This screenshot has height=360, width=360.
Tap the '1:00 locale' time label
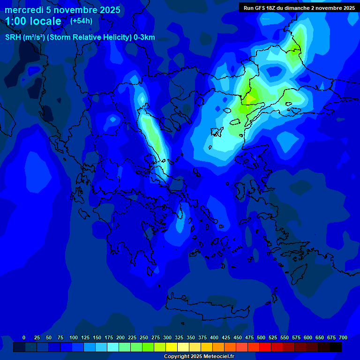coord(33,21)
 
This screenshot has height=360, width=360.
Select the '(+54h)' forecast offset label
coord(81,21)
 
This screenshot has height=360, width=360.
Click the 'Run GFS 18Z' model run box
coord(299,7)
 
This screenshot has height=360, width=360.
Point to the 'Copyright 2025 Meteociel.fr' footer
coord(199,356)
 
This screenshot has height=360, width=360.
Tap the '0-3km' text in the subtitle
coord(144,37)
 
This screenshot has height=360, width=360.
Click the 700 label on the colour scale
coord(343,337)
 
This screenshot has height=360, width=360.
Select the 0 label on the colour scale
coord(24,337)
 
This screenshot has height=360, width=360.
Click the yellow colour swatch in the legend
coord(172,347)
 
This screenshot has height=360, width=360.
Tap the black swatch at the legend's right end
coord(336,347)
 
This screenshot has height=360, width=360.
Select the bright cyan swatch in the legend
coord(113,347)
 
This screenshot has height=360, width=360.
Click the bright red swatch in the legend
coord(265,347)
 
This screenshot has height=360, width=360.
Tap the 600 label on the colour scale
coord(308,337)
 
